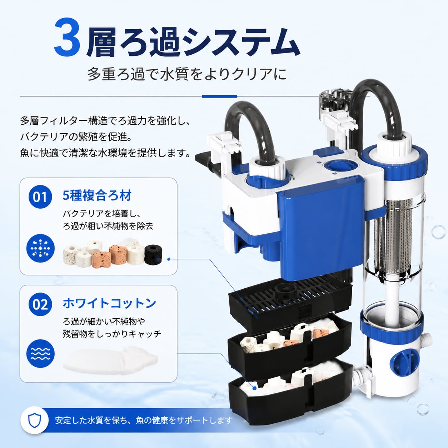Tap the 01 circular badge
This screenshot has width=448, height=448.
pyautogui.click(x=40, y=197)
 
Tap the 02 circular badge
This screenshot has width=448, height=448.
pyautogui.click(x=40, y=304)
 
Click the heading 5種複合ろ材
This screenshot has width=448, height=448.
pyautogui.click(x=97, y=195)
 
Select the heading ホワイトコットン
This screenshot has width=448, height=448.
pyautogui.click(x=109, y=303)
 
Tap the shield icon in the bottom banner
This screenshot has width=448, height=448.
pyautogui.click(x=35, y=420)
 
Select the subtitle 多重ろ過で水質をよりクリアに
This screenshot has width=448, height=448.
pyautogui.click(x=187, y=74)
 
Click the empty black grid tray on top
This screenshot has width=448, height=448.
pyautogui.click(x=289, y=300)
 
